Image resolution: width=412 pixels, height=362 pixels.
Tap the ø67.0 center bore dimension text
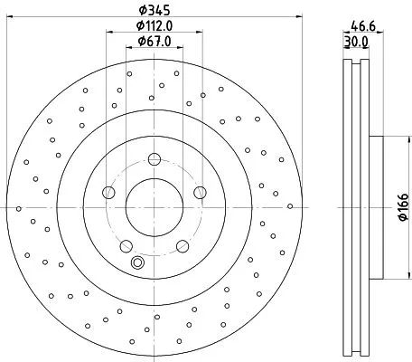point(154,43)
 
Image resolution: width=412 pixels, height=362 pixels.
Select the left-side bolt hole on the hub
point(109,191)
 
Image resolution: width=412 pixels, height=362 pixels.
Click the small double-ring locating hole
point(138,263)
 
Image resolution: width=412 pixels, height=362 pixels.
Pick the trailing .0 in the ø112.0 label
point(168,26)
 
